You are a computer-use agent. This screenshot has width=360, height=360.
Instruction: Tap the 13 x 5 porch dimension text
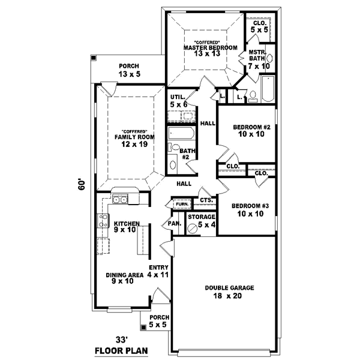[x=128, y=74]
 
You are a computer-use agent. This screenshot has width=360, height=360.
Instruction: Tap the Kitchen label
[x=127, y=224]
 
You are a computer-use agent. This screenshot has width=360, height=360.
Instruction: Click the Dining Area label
[x=125, y=275]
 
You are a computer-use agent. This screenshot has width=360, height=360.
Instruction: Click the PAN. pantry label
[x=175, y=224]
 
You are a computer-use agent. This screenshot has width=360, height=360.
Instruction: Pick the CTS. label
[x=206, y=200]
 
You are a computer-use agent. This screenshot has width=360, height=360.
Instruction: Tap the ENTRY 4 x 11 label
[x=161, y=271]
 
